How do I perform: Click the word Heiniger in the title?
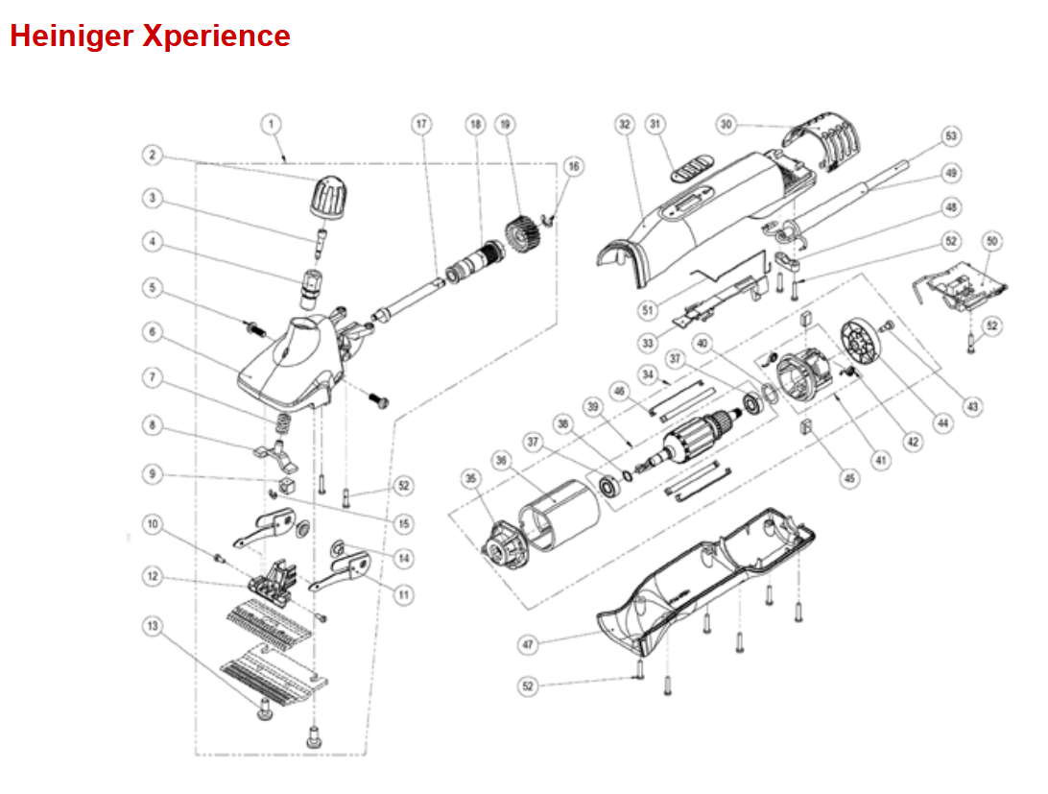click(x=71, y=36)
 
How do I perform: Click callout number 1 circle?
click(x=272, y=124)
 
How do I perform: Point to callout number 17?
click(x=421, y=124)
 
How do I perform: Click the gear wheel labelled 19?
click(x=521, y=234)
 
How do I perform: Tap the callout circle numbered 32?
click(x=626, y=124)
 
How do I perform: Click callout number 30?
click(x=726, y=124)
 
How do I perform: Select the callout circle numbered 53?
click(x=951, y=137)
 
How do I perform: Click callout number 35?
click(x=470, y=477)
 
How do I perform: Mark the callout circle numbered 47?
click(x=527, y=645)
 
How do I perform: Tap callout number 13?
click(x=152, y=626)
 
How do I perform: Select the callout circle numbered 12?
click(x=152, y=577)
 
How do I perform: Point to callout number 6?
click(x=152, y=331)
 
